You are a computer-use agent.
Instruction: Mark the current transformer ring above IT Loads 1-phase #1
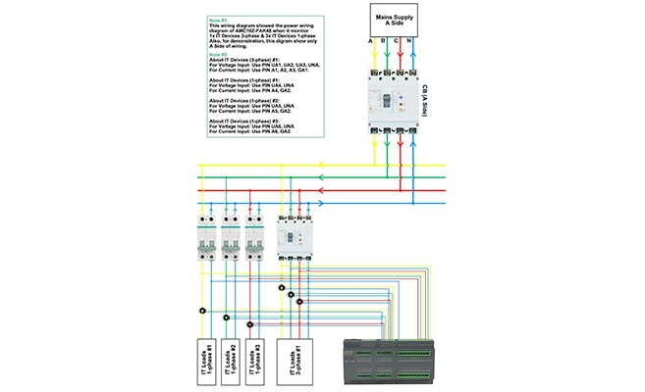(201, 311)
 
